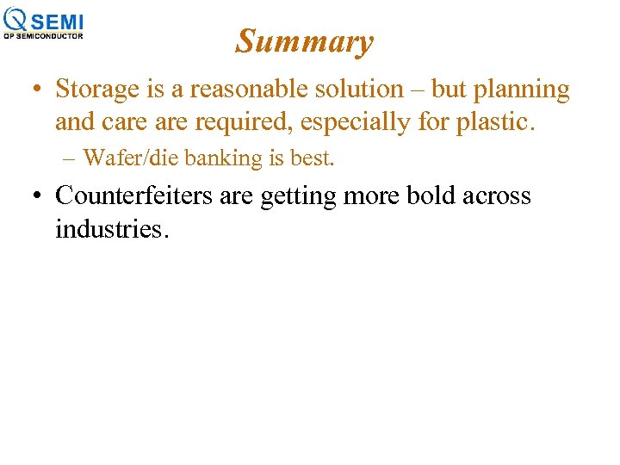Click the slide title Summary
(x=305, y=41)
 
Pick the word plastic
(x=493, y=123)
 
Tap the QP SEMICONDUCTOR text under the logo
(x=44, y=36)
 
